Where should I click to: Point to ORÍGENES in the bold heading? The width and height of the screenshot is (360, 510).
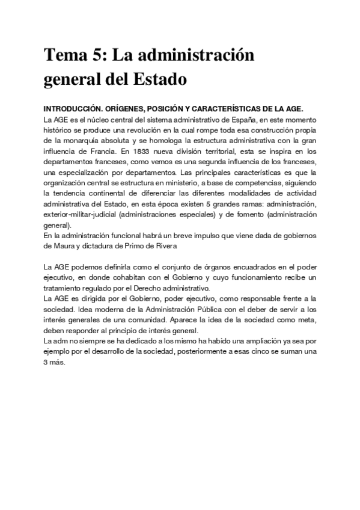click(131, 109)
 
